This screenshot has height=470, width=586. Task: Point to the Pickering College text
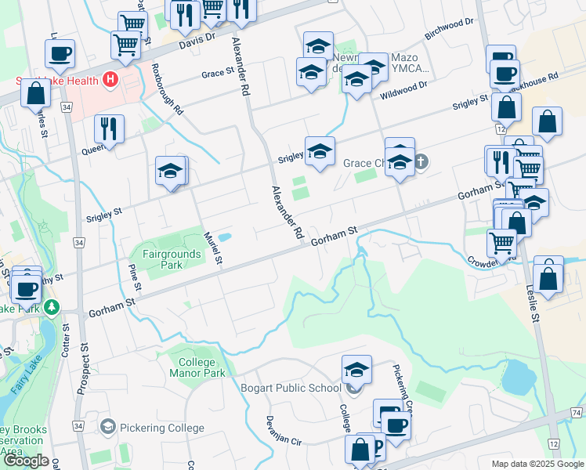[x=162, y=428]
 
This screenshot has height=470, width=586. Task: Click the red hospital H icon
[x=110, y=80]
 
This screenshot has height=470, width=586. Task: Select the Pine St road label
[x=133, y=278]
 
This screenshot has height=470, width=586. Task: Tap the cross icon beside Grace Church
[x=421, y=163]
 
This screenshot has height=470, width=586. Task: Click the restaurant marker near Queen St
[x=109, y=128]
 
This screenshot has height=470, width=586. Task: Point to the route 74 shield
[x=577, y=412]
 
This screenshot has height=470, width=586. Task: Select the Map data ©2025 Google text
[x=537, y=464]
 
